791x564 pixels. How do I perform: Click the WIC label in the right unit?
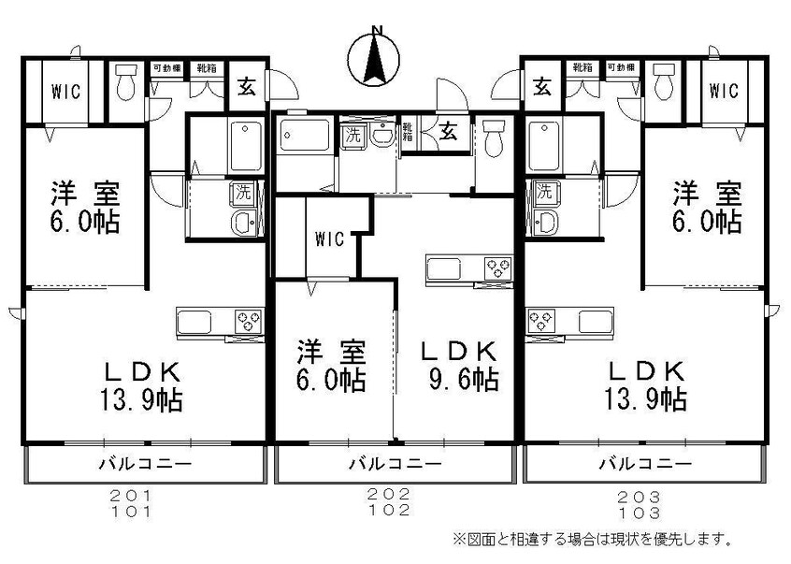click(724, 91)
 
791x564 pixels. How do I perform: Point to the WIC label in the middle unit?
click(328, 238)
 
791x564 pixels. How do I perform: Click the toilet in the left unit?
click(124, 84)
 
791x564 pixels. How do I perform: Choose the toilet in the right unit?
click(664, 84)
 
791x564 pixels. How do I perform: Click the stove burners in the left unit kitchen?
click(249, 321)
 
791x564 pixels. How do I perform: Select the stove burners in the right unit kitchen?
click(540, 321)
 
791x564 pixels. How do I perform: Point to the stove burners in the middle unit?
click(496, 268)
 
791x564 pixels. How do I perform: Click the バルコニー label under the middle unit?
click(395, 463)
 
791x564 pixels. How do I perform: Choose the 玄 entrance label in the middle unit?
click(448, 131)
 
